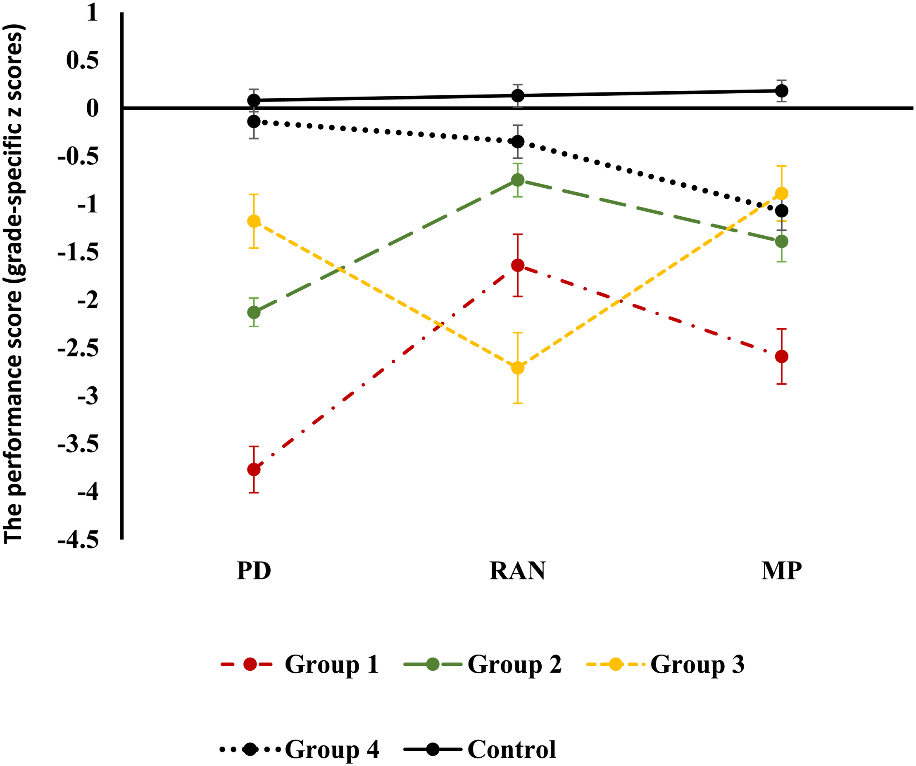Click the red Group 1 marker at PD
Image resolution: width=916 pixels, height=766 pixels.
(254, 469)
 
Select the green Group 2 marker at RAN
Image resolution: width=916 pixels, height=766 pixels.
(517, 180)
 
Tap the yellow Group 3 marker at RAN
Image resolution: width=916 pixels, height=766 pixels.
(517, 368)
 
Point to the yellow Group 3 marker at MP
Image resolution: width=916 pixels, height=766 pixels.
(781, 194)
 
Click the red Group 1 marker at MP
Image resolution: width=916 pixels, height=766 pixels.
(781, 357)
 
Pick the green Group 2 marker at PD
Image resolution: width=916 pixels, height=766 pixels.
(254, 312)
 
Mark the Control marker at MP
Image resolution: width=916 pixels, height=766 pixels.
(781, 91)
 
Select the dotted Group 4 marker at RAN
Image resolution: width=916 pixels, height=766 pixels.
(517, 142)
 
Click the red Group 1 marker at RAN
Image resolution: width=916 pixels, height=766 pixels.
(517, 265)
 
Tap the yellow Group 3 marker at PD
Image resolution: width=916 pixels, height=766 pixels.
(254, 221)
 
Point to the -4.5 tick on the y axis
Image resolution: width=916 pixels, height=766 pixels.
(79, 540)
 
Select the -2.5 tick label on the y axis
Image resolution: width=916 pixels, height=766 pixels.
(79, 349)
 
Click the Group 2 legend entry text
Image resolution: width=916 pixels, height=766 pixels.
(515, 664)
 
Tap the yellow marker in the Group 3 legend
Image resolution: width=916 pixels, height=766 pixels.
(615, 664)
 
